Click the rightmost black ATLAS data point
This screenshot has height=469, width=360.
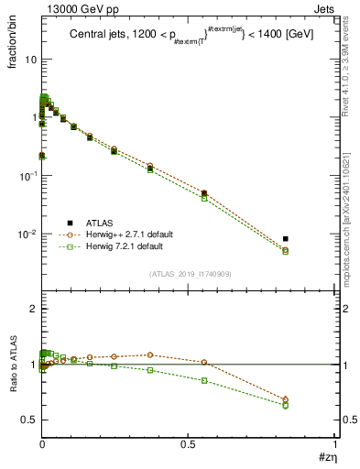tap(286, 239)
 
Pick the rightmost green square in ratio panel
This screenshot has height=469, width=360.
tap(286, 405)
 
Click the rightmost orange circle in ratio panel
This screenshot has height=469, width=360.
tap(286, 399)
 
